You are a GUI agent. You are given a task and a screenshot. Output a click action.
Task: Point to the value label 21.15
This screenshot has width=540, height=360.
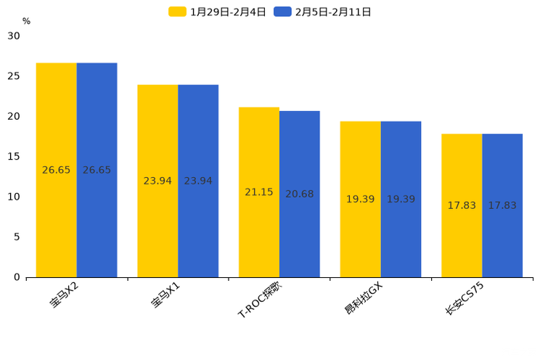click(259, 192)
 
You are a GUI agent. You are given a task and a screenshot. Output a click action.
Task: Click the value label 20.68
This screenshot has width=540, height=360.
click(300, 194)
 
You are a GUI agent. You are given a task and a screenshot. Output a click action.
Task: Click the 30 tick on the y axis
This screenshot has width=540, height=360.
click(14, 36)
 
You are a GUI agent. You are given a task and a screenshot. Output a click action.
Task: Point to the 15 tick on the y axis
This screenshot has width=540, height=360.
click(14, 156)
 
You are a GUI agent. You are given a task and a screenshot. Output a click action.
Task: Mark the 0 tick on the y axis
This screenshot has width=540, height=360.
click(17, 277)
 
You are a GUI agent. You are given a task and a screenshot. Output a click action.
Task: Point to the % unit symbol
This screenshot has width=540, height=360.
click(26, 21)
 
